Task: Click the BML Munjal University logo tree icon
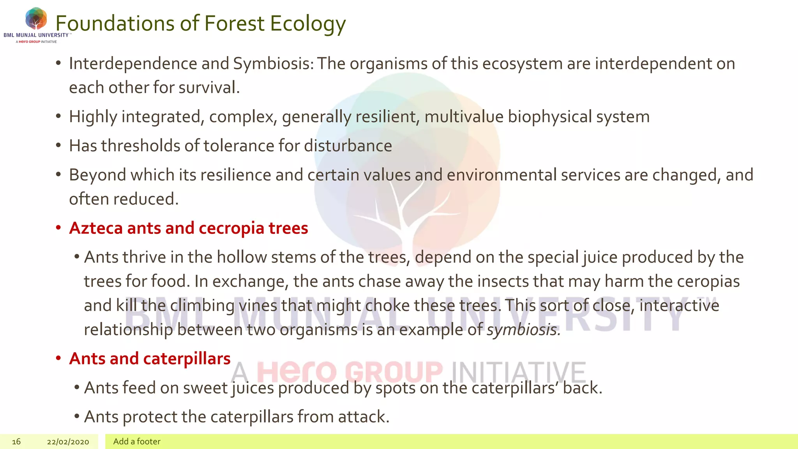pos(36,19)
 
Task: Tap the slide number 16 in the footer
pos(16,442)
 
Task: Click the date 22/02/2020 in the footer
pos(68,442)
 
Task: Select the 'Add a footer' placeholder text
pos(137,442)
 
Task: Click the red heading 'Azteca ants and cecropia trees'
pos(189,228)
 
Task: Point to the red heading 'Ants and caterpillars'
pos(150,359)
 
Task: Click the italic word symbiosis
pos(523,330)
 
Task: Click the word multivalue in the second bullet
pos(464,117)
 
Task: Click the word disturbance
pos(348,146)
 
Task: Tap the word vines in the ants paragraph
pos(258,306)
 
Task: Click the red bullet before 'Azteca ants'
pos(58,228)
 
